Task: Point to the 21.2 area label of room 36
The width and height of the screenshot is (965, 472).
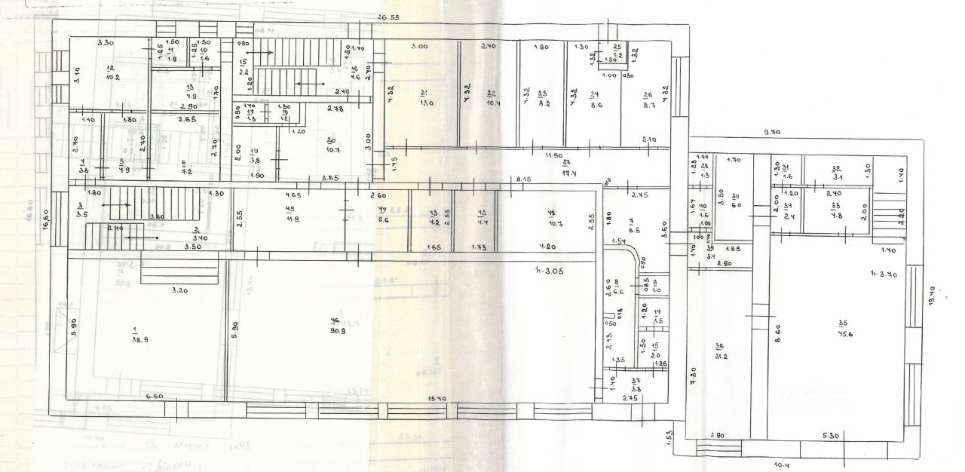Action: click(720, 357)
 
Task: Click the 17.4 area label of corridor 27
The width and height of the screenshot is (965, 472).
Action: click(569, 173)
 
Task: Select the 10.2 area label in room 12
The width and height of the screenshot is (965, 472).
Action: click(113, 76)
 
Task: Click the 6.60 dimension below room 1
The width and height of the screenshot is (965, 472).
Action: click(155, 396)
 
